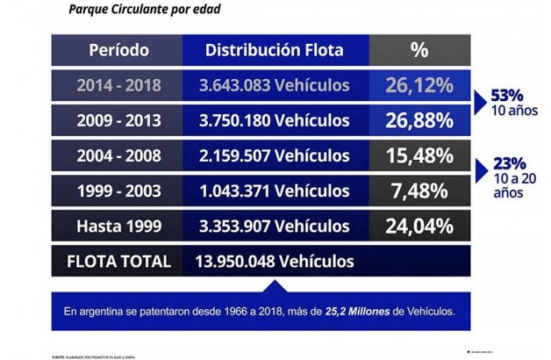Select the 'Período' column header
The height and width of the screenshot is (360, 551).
(118, 50)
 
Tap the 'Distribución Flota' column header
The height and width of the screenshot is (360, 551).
(275, 50)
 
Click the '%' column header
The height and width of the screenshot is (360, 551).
(419, 50)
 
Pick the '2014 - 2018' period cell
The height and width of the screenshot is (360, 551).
(118, 85)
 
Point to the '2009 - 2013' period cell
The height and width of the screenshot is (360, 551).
(118, 120)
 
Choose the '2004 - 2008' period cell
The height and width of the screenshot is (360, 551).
(118, 156)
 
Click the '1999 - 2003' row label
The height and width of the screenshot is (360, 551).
(118, 191)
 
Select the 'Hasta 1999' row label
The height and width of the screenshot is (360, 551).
(118, 227)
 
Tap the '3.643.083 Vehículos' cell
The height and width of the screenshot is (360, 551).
(275, 85)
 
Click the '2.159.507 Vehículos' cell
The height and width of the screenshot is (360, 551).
(275, 156)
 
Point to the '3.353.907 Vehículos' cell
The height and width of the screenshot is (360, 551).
(275, 227)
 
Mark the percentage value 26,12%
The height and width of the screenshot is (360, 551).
(419, 85)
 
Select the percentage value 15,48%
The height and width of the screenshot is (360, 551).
(419, 156)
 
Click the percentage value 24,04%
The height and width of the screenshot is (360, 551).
(419, 227)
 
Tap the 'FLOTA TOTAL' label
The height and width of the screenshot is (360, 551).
(118, 262)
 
